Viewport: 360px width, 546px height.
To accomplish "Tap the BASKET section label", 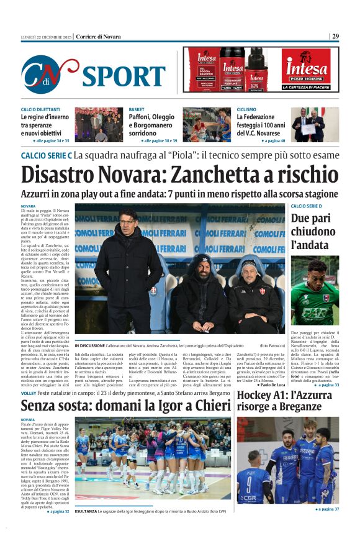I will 137,109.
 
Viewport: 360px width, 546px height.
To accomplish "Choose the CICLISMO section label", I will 246,109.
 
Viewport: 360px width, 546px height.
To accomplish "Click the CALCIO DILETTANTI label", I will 41,109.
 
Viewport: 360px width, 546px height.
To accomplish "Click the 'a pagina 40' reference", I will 268,141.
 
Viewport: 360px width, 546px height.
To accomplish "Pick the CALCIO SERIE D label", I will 307,206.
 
